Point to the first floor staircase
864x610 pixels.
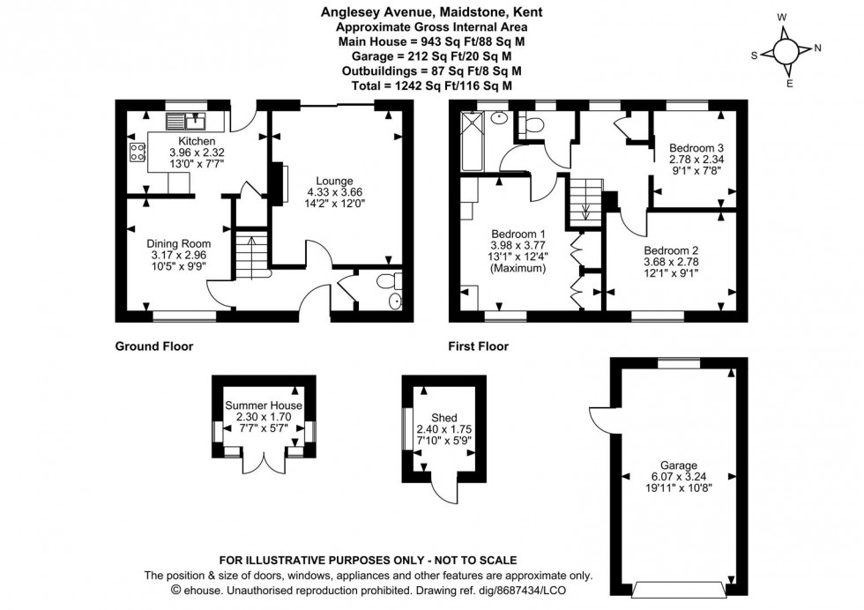[585, 199]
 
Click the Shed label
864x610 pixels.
[443, 417]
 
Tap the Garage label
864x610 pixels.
[679, 465]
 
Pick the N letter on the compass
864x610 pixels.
[817, 48]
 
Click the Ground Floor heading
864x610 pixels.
[154, 346]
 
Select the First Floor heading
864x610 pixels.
[479, 346]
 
